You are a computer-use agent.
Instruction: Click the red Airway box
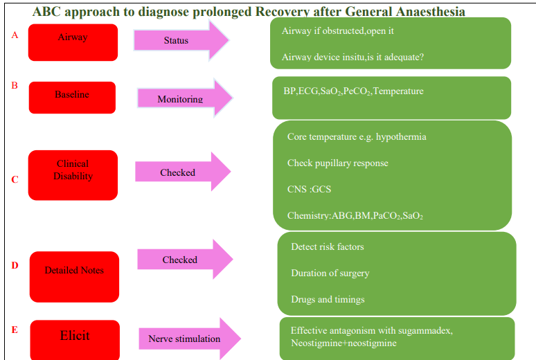click(73, 42)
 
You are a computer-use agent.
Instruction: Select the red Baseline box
click(72, 97)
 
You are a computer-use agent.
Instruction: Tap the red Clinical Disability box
click(73, 175)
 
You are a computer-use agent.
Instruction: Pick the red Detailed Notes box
click(74, 276)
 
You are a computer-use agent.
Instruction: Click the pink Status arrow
click(180, 41)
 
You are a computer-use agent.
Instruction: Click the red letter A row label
click(15, 35)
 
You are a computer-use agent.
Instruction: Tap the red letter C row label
click(15, 180)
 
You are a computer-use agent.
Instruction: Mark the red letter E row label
click(15, 330)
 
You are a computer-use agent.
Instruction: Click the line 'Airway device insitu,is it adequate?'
click(352, 57)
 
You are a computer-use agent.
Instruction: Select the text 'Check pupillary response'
click(337, 163)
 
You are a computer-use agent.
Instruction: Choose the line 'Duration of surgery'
click(330, 273)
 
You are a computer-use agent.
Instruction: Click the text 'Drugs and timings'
click(328, 300)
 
